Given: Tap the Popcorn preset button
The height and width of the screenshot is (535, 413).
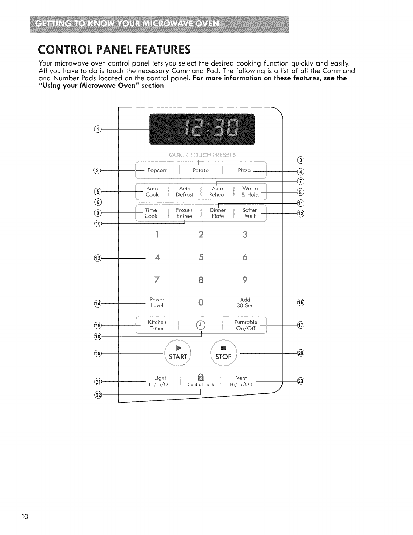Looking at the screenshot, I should coord(158,170).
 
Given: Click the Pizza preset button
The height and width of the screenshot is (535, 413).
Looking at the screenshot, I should coord(244,170).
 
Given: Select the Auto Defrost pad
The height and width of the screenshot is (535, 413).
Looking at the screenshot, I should coord(185,192).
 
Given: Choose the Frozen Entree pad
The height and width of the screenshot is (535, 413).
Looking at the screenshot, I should coord(184,213).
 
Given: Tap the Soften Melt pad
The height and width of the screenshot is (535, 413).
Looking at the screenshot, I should coord(250,213).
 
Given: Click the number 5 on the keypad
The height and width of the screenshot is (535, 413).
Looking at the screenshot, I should coord(201,257).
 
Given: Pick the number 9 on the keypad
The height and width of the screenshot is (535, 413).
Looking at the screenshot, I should coord(245,280).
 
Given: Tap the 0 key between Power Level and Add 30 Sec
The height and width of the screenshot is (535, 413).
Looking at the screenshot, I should coord(201,303).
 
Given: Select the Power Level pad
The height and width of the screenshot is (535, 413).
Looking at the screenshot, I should coord(157,303).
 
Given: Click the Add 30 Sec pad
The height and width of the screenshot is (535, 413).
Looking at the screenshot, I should coord(245,303).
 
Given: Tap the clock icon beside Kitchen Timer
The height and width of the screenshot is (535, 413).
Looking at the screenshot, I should coord(201,325).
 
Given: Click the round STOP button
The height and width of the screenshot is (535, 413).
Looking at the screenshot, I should coord(223,353).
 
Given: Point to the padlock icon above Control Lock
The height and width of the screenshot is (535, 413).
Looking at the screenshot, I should coord(200,378).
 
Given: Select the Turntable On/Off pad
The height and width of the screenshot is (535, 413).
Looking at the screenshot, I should coord(246,325).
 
